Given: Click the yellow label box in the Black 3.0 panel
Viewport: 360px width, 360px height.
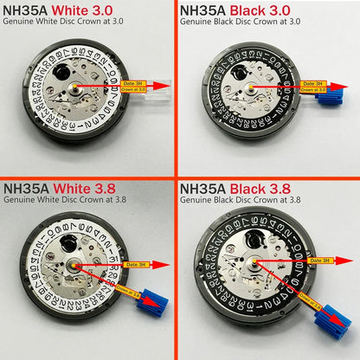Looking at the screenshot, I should [x=313, y=86].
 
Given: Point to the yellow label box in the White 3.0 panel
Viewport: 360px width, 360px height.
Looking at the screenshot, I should [x=136, y=86].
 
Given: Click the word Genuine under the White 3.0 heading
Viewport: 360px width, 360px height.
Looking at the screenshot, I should [x=17, y=23].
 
